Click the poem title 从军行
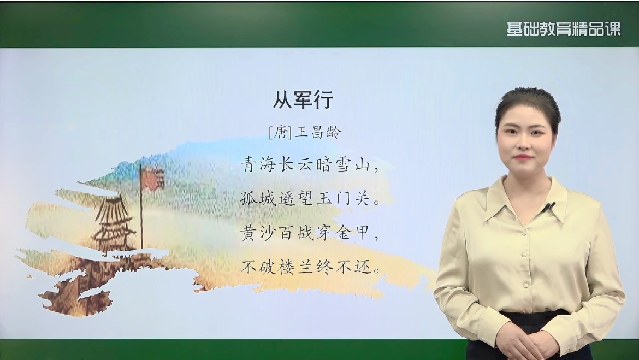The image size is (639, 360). pyautogui.click(x=303, y=100)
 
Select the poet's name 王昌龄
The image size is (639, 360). pyautogui.click(x=317, y=133)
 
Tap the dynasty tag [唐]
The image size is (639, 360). pyautogui.click(x=280, y=133)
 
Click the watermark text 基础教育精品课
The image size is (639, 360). pyautogui.click(x=564, y=29)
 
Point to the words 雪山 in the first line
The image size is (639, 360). pyautogui.click(x=353, y=165)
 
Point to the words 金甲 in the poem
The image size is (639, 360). pyautogui.click(x=353, y=234)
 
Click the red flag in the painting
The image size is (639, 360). pyautogui.click(x=152, y=178)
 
